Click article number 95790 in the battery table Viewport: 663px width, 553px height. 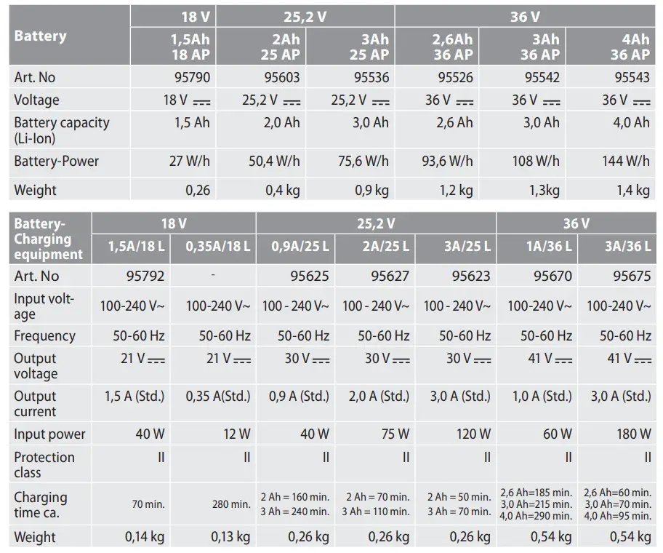[192, 76]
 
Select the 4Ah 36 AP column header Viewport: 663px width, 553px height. [630, 47]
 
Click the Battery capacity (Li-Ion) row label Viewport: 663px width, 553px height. [61, 130]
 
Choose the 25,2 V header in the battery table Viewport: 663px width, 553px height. [305, 16]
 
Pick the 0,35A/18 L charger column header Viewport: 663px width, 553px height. [217, 246]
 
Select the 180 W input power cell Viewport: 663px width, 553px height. [634, 434]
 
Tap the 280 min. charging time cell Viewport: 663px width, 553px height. [230, 504]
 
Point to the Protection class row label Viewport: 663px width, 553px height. [44, 464]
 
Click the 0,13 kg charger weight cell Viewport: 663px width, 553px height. [230, 538]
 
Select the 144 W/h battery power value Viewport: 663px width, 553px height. [625, 161]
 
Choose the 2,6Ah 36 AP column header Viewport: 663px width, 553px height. [452, 47]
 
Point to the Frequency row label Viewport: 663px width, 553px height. [44, 336]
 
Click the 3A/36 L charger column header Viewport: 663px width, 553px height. [627, 246]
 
